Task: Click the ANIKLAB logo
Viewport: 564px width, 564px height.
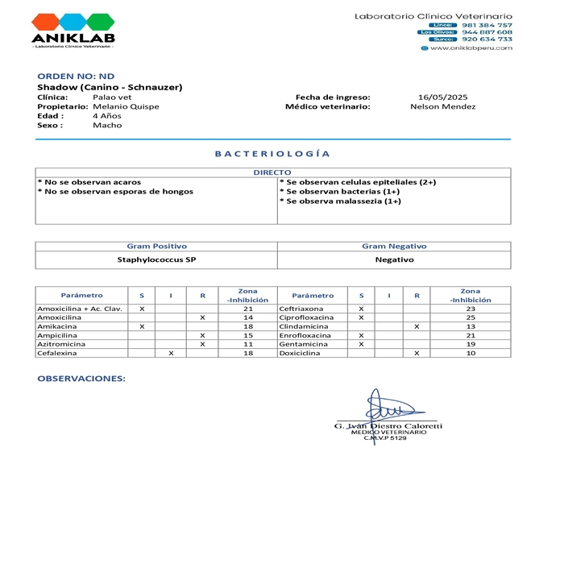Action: tap(73, 30)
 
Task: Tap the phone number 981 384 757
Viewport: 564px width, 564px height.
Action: tap(487, 25)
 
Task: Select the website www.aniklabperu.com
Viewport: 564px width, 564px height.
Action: tap(471, 48)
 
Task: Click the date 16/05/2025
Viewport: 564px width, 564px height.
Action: tap(438, 97)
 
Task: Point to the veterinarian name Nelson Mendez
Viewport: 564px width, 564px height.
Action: tap(442, 106)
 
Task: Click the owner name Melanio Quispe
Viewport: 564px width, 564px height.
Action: tap(126, 106)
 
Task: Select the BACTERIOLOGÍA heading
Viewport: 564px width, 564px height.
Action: tap(272, 153)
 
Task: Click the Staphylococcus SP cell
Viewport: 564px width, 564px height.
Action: tap(156, 259)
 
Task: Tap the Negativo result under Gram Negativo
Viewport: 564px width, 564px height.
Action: tap(394, 259)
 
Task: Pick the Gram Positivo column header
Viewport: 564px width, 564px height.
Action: tap(156, 246)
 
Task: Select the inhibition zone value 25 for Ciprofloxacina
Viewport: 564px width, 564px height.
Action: tap(471, 317)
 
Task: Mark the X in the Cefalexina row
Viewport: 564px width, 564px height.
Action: tap(171, 353)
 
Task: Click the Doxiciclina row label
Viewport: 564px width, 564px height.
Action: tap(301, 353)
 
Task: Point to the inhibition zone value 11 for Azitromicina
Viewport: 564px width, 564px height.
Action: tap(248, 344)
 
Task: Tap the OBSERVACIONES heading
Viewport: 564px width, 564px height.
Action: tap(81, 378)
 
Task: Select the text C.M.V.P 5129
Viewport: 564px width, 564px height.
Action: tap(385, 438)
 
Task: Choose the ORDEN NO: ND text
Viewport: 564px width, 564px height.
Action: tap(77, 76)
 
